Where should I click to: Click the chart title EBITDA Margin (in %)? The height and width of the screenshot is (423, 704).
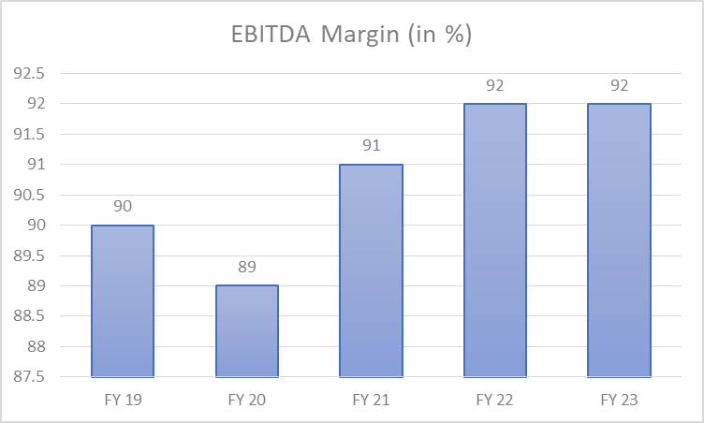point(351,35)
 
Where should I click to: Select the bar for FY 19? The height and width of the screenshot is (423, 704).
point(123,301)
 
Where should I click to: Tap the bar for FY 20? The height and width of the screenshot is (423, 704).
point(247,331)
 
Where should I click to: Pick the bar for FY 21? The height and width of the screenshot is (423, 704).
point(371,271)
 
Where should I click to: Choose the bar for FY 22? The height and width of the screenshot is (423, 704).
point(495,241)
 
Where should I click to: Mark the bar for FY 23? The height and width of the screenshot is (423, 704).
point(619,241)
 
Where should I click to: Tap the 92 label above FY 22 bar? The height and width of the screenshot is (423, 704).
point(495,85)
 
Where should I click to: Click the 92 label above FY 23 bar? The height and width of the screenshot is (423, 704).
point(619,85)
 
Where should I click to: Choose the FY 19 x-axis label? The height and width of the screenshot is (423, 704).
point(123,400)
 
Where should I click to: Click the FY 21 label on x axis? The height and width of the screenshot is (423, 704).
point(371,400)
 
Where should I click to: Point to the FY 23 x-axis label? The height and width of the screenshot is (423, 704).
point(619,400)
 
